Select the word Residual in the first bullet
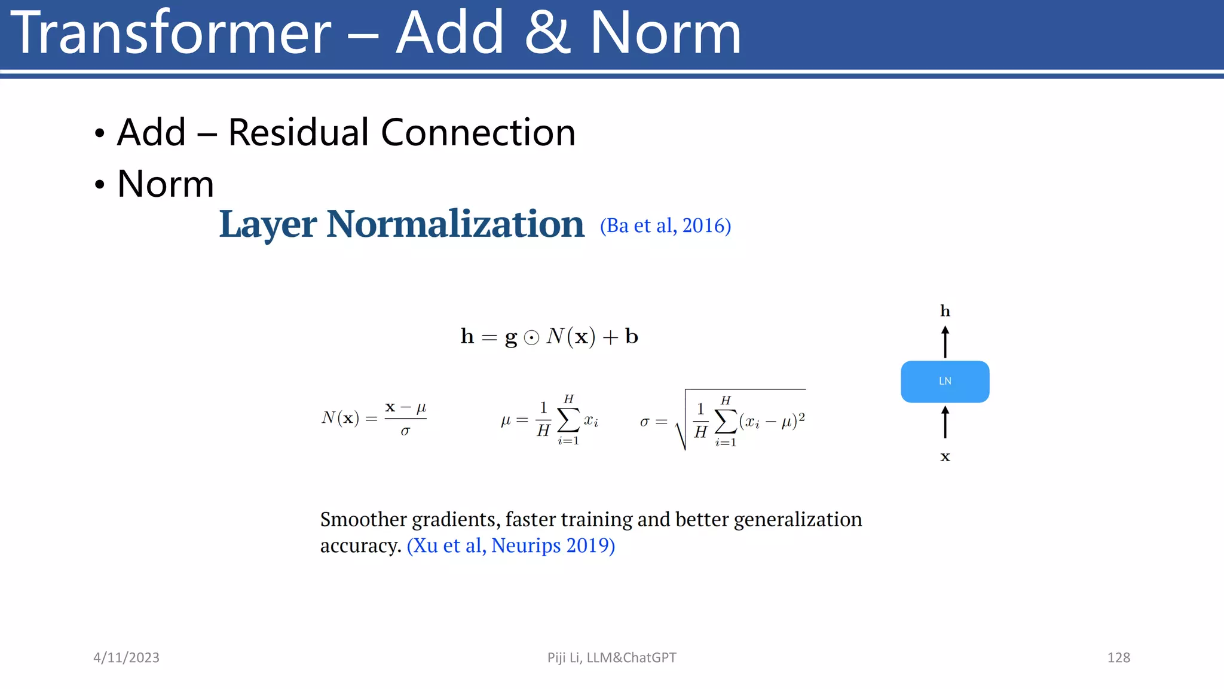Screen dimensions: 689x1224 298,132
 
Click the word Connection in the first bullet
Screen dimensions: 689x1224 478,132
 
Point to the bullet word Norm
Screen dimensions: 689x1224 166,184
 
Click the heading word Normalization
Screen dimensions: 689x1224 455,224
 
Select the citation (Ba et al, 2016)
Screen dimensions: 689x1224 665,225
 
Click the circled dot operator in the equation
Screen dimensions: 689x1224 531,338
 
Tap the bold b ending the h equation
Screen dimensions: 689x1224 632,336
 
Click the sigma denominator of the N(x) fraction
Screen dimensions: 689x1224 405,431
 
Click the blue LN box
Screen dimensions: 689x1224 945,382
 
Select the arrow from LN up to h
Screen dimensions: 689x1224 945,342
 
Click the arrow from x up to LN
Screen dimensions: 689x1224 945,422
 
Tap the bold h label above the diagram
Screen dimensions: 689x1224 945,311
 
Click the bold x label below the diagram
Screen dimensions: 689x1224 945,457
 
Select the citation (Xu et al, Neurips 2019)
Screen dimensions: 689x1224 511,545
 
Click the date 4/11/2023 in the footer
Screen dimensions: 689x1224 126,657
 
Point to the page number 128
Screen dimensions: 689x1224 1118,657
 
